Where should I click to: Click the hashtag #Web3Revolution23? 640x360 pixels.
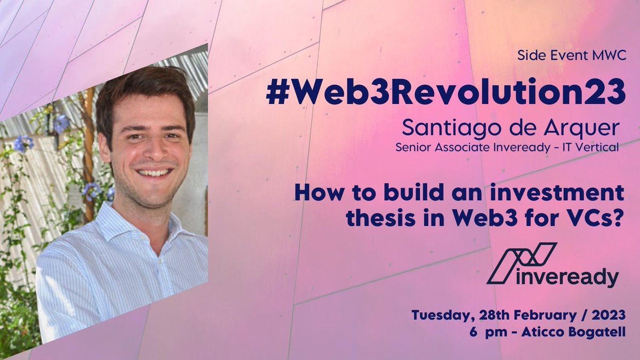[x=445, y=93]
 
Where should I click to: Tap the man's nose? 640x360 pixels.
[x=151, y=151]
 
